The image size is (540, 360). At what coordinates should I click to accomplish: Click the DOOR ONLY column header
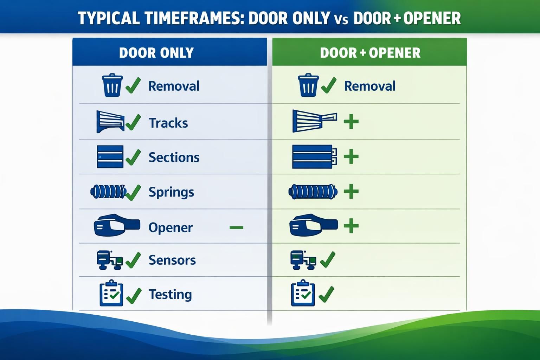(156, 53)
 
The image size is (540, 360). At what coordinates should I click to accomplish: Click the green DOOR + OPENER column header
(370, 53)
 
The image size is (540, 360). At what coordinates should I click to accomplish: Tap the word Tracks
(168, 123)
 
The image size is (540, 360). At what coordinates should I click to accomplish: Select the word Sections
(174, 157)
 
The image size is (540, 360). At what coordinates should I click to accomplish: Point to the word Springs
(171, 192)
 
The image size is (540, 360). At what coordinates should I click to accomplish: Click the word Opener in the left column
(171, 227)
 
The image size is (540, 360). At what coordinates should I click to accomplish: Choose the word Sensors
(172, 260)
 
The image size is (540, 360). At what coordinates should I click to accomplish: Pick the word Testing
(170, 294)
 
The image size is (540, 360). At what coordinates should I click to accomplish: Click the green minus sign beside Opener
(236, 227)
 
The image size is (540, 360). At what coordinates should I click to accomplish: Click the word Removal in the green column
(369, 86)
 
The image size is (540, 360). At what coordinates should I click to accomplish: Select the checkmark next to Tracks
(133, 122)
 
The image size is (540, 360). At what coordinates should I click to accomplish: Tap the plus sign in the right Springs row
(351, 192)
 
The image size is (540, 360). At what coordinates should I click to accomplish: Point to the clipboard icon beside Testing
(111, 293)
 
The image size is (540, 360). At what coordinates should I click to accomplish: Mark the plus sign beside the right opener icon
(351, 226)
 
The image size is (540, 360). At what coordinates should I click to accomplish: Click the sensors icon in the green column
(303, 260)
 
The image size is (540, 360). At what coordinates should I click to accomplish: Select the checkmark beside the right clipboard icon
(326, 294)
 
